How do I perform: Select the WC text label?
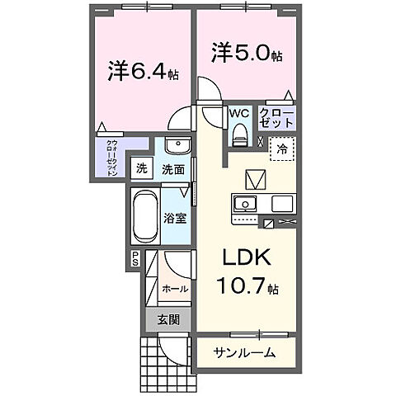239,111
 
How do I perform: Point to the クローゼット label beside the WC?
274,115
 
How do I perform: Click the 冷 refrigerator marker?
282,150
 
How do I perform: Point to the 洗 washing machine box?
142,169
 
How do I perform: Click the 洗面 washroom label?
172,170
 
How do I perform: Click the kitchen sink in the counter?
246,204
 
